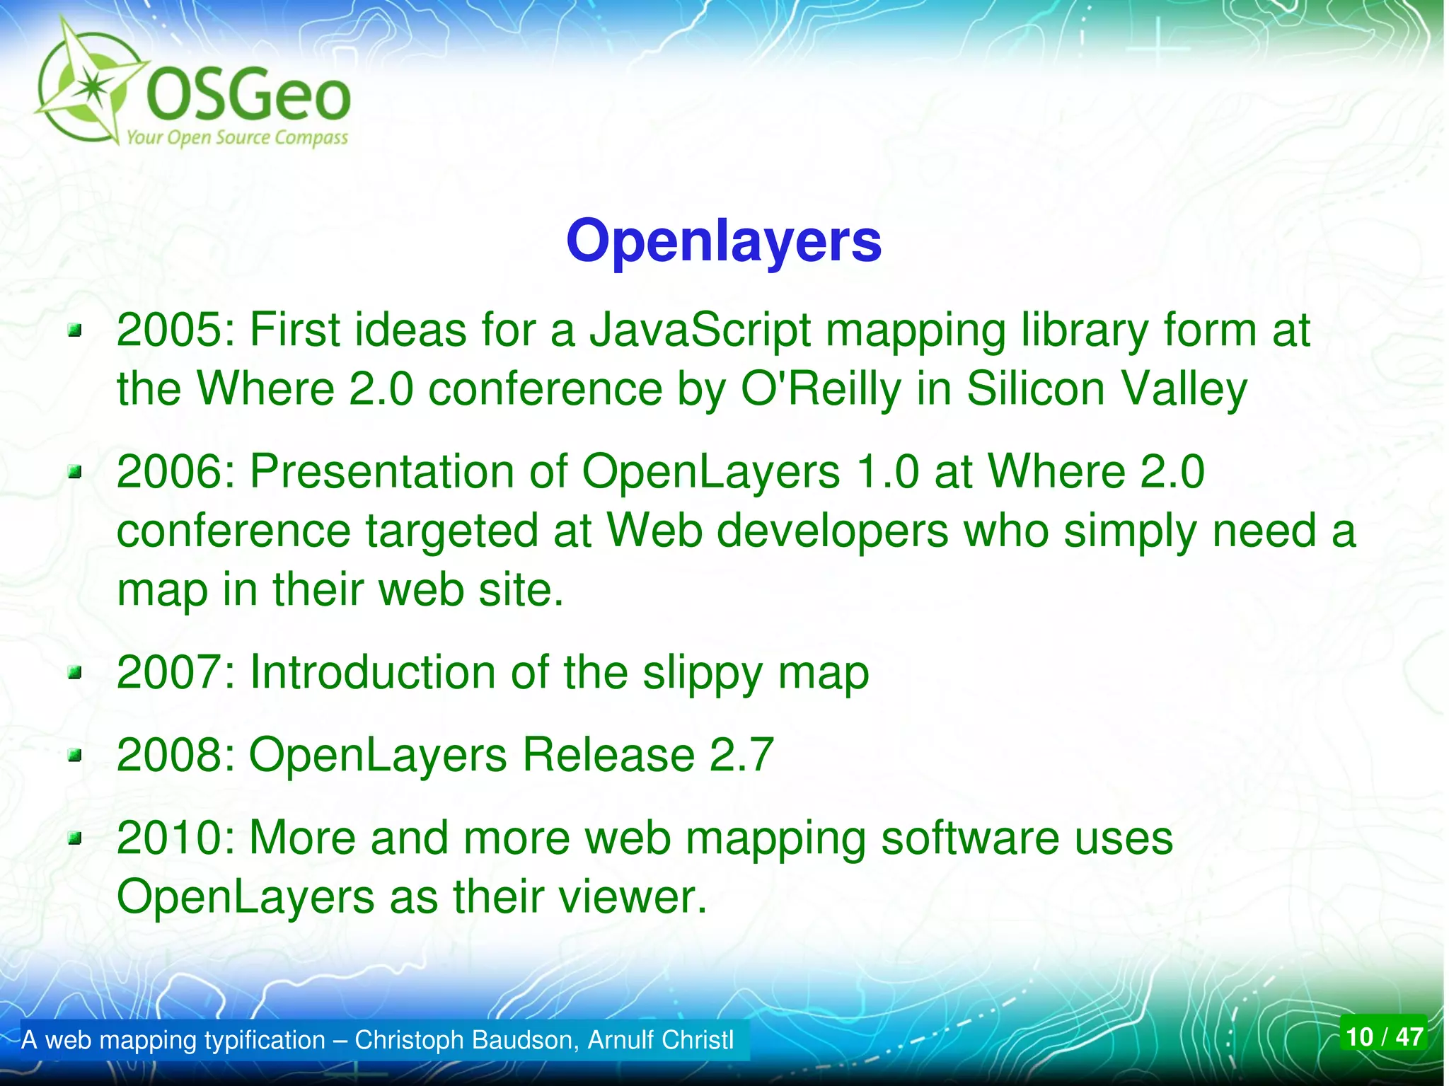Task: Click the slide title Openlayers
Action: coord(723,241)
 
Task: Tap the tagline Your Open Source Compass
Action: coord(237,137)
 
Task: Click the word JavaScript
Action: coord(700,330)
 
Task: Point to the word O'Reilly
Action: coord(821,389)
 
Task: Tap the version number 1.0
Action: coord(887,472)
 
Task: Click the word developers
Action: coord(832,531)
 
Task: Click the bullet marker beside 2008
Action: coord(75,758)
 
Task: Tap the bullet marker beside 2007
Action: coord(75,674)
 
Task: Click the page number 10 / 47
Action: coord(1383,1036)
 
